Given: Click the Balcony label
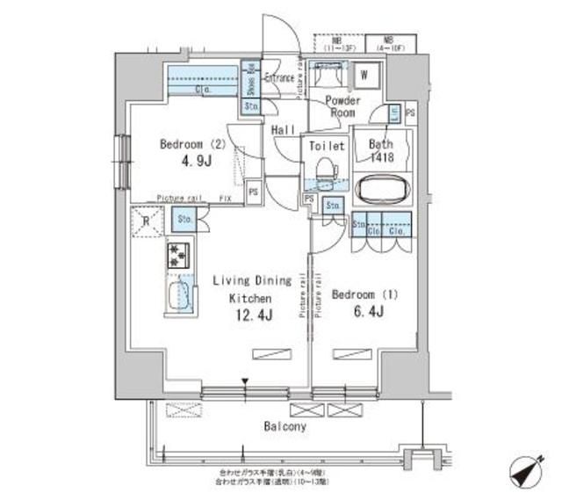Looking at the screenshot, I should pos(283,427).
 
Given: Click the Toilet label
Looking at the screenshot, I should pos(325,146).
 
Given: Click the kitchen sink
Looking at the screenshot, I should pos(179,295).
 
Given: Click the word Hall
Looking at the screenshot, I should pos(284,129).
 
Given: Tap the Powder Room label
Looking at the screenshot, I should pos(341,107).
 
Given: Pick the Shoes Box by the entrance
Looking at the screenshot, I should pos(249,81).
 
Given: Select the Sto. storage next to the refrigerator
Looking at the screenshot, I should pos(185,219).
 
